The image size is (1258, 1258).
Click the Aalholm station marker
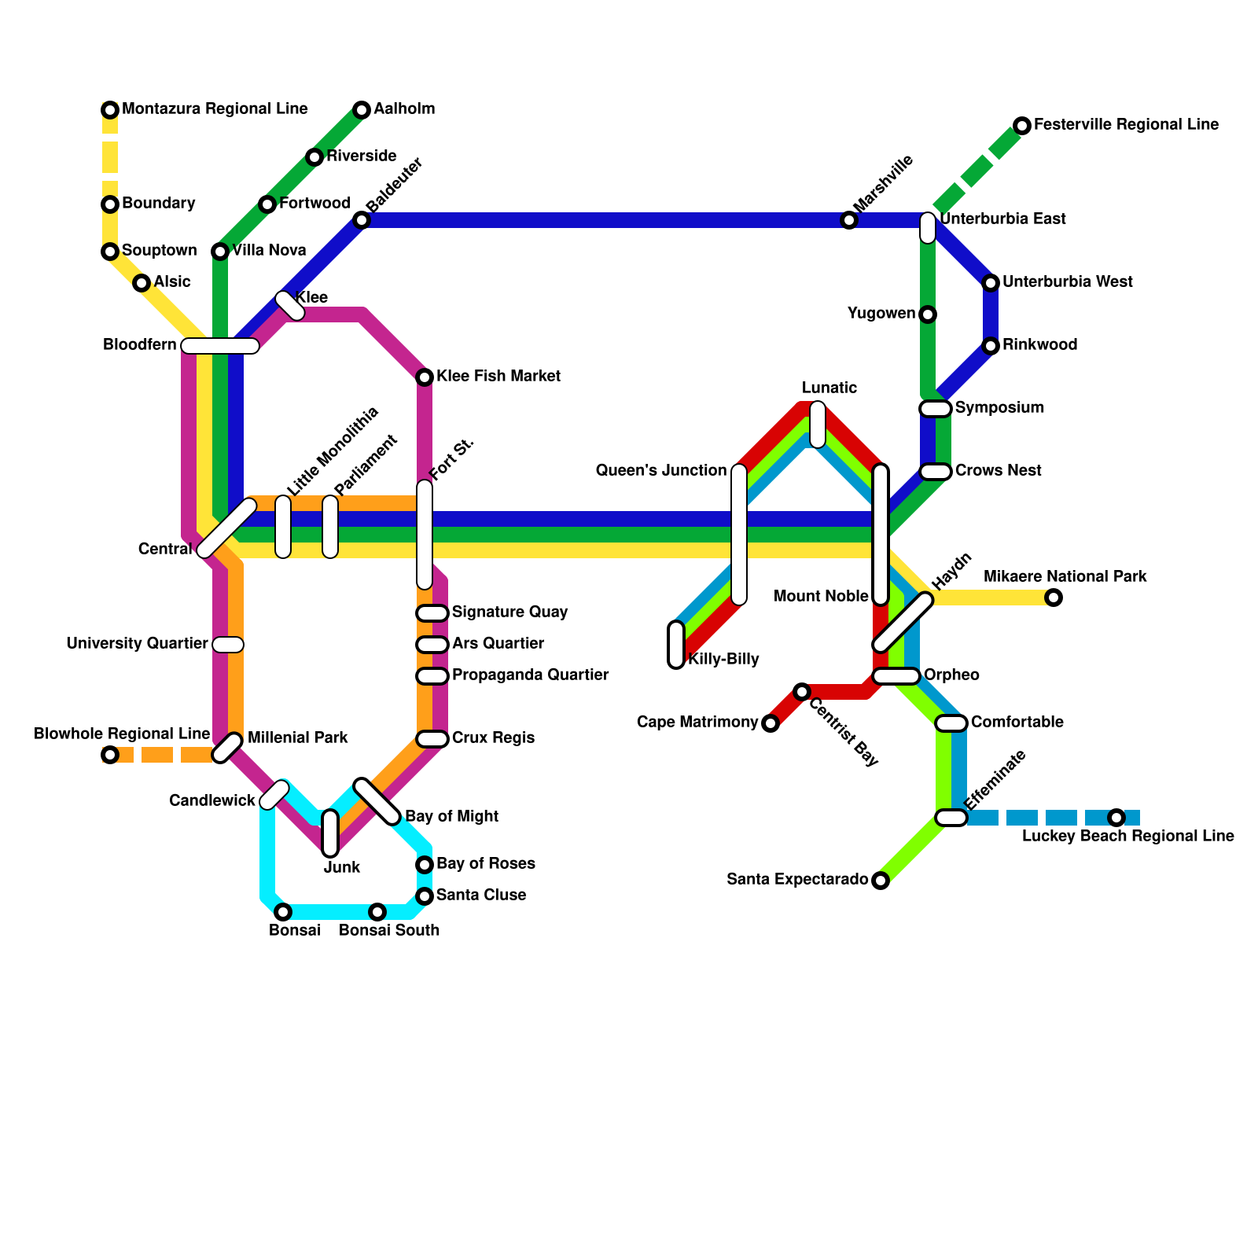(x=362, y=110)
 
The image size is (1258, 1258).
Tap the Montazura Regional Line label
(x=215, y=109)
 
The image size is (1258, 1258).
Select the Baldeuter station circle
(x=362, y=220)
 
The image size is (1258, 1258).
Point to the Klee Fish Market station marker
(x=425, y=377)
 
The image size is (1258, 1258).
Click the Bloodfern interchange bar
(x=220, y=346)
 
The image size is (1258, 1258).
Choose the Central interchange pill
(x=226, y=528)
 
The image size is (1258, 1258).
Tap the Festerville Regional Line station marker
(x=1022, y=126)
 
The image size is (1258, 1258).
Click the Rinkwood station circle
(x=991, y=346)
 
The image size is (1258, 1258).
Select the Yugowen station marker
(x=928, y=314)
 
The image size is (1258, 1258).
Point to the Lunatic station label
(x=829, y=388)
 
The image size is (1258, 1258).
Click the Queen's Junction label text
(x=661, y=471)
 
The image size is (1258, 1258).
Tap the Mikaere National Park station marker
(x=1054, y=598)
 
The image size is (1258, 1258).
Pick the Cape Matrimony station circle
(x=771, y=723)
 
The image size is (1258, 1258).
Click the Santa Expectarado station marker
(x=881, y=881)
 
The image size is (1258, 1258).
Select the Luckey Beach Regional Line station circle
(x=1116, y=818)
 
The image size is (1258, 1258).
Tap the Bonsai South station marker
(x=377, y=912)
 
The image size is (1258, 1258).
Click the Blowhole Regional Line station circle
(x=110, y=755)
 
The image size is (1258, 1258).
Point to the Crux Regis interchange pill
(x=432, y=739)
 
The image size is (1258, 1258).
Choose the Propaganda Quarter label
(x=530, y=675)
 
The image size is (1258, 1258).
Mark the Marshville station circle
(x=849, y=220)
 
